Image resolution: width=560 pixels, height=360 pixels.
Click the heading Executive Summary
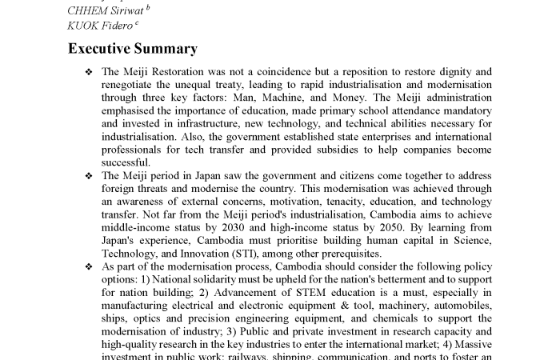[x=132, y=49]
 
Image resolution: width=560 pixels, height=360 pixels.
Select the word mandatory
[x=464, y=110]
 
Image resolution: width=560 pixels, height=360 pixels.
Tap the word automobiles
[x=462, y=305]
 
